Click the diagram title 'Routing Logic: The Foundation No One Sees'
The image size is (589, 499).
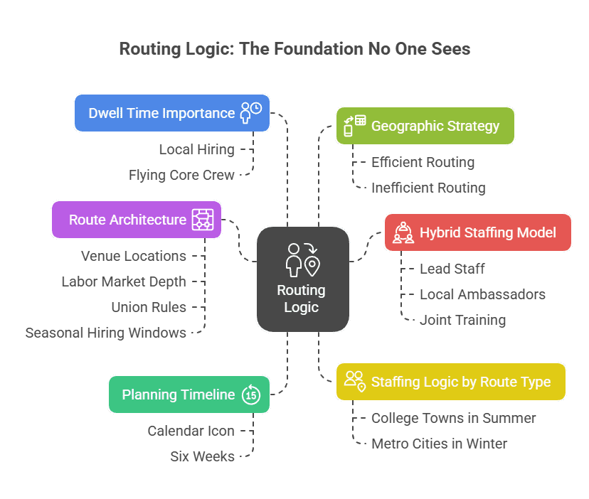pos(294,49)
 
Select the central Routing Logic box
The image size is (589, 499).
pos(302,279)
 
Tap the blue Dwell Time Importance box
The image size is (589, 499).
pos(171,113)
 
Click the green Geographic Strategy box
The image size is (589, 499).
pos(425,126)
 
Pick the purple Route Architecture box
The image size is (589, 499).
pos(136,219)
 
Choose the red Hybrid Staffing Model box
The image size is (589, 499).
pos(477,232)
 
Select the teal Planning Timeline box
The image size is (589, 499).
pos(189,395)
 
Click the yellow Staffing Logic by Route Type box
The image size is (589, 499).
pos(450,382)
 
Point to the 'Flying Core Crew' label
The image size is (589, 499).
pos(181,175)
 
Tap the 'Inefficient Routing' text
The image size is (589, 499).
pos(428,188)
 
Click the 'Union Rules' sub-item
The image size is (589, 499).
pos(149,307)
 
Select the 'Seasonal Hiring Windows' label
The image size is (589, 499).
pos(106,333)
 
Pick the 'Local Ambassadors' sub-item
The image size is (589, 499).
pos(482,294)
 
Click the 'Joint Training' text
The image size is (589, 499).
pos(462,320)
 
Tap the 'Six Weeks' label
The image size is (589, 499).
pos(202,456)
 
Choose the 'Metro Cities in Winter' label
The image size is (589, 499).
pos(439,444)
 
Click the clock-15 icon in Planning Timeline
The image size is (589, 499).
pos(251,395)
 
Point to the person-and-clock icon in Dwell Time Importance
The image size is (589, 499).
pos(250,113)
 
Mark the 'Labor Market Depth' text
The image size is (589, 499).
pos(124,281)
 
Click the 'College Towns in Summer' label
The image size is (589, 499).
pos(453,418)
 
